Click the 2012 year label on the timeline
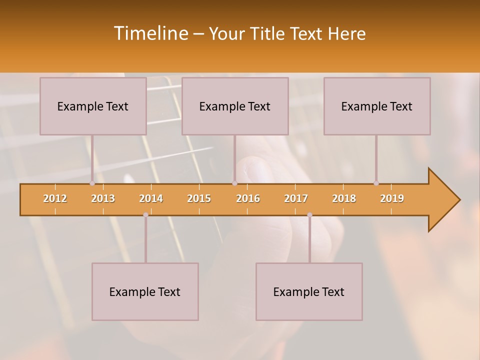pos(55,198)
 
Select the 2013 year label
pos(103,198)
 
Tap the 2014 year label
pos(151,198)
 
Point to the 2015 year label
pos(199,198)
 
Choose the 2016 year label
pos(248,198)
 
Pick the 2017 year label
pos(296,198)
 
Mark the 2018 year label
pos(344,198)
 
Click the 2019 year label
pos(392,198)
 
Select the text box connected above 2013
pos(93,106)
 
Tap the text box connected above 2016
pos(235,106)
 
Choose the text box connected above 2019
pos(377,106)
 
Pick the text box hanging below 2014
pos(145,291)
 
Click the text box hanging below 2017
pos(309,291)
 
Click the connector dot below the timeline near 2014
pos(145,215)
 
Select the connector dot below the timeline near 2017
pos(309,215)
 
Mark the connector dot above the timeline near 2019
pos(376,183)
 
